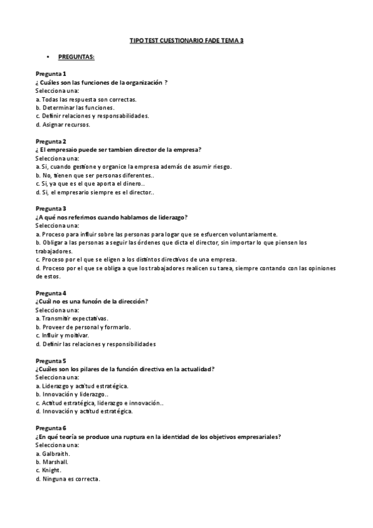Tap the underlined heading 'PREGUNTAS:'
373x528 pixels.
pos(76,57)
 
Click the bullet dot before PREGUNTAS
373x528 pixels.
pos(47,57)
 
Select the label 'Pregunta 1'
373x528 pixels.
pos(51,74)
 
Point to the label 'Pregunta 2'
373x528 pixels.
pos(51,141)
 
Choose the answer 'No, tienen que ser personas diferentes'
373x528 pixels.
pos(95,175)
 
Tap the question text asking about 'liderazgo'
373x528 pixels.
pos(111,217)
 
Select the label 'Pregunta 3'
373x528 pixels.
pos(51,209)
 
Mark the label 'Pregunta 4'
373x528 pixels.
pos(51,293)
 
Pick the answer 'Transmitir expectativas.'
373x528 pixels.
pos(72,318)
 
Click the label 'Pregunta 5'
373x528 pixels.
pos(51,361)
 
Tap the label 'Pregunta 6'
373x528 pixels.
pos(51,428)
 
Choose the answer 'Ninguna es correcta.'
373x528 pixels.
pos(68,479)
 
